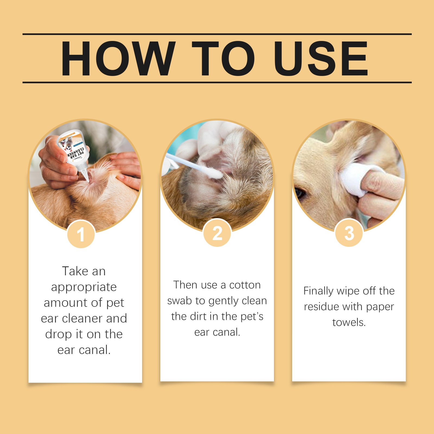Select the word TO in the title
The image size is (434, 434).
[223, 58]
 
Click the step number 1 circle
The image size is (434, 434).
[81, 234]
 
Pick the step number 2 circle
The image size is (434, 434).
[217, 233]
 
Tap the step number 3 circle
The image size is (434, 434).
[349, 233]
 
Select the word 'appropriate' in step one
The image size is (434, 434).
[84, 287]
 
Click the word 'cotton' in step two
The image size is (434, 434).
[245, 285]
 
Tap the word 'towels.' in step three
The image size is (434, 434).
[349, 323]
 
